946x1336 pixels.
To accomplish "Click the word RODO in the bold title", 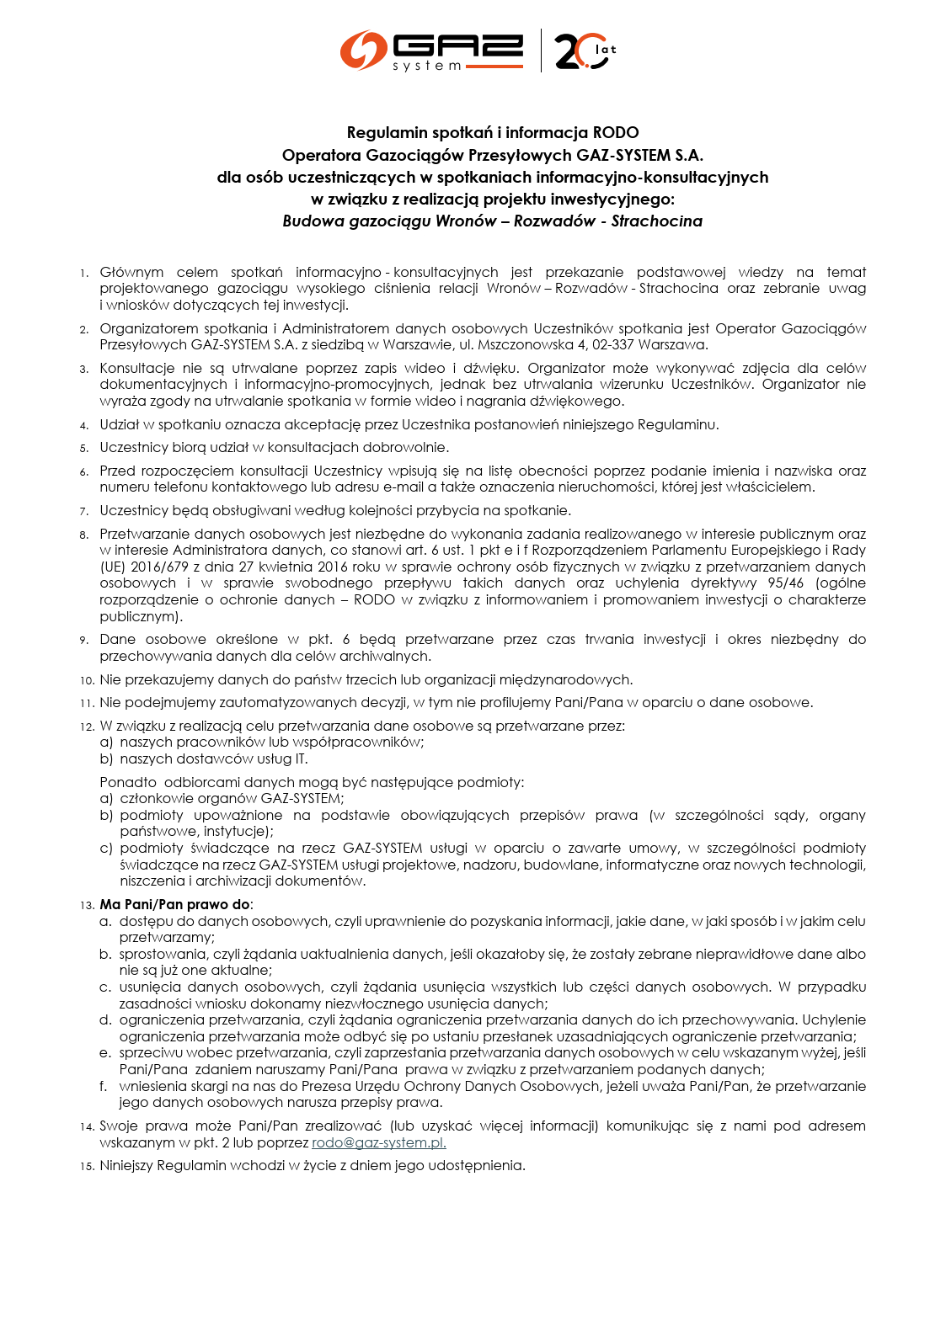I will tap(616, 132).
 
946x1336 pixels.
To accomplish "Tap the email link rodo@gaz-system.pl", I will tap(378, 1142).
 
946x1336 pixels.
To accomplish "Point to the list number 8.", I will tap(84, 535).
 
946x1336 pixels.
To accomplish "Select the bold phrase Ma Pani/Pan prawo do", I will tap(174, 904).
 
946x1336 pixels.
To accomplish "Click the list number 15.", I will tap(87, 1167).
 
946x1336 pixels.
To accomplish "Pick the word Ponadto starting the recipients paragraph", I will tap(128, 782).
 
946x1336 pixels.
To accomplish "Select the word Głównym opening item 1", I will tap(131, 272).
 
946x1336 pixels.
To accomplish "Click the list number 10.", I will tap(87, 680).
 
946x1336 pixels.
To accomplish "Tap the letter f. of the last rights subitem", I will tap(104, 1086).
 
